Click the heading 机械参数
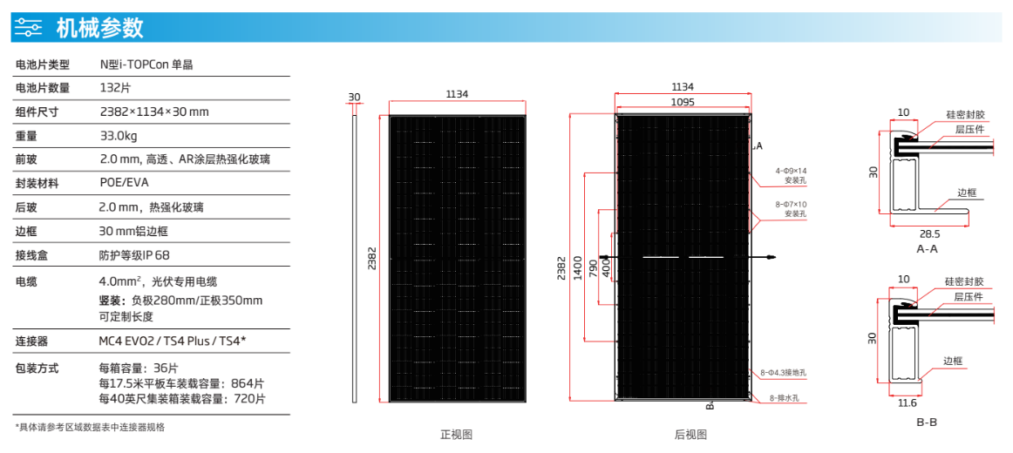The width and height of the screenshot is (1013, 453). tap(99, 28)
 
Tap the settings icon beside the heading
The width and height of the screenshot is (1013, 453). tap(29, 28)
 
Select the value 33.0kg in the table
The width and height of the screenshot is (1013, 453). tap(119, 136)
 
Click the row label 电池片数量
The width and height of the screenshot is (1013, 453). tap(43, 88)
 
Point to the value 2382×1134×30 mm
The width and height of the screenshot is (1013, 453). tap(154, 112)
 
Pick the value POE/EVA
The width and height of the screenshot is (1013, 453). tap(124, 184)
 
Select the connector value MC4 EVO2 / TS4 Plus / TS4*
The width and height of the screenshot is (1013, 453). tap(173, 341)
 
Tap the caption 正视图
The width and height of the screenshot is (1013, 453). tap(456, 434)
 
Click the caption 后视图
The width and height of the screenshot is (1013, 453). tap(690, 434)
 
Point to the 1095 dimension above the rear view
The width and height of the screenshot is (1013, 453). tap(683, 102)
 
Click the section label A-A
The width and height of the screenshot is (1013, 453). tap(927, 249)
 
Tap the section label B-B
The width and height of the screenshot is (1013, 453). tap(927, 423)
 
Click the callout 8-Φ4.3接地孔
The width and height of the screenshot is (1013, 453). tap(784, 373)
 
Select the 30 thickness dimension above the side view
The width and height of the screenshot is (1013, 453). tap(354, 97)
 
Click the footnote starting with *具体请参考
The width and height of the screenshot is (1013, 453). tap(91, 427)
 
